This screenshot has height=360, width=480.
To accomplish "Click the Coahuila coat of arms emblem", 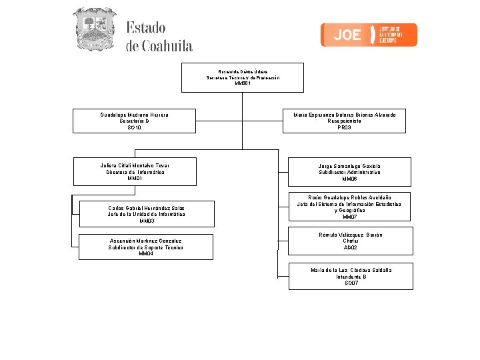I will click(94, 29).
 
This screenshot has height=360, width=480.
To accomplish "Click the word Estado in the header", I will click(145, 29).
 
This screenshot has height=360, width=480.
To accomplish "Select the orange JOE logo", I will click(369, 35).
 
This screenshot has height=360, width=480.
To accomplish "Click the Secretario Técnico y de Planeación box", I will click(243, 77).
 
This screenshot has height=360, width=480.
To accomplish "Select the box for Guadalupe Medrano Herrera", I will click(134, 121).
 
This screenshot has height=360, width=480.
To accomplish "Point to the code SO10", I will click(134, 127).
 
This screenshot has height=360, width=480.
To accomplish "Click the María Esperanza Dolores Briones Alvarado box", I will click(344, 121).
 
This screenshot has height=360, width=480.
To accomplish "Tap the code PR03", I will click(344, 127).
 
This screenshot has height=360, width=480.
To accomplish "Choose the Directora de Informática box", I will click(135, 171).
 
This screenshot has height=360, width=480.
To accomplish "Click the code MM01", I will click(135, 179).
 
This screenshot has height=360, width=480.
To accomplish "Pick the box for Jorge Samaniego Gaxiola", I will click(349, 171).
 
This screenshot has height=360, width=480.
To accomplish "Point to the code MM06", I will click(349, 179).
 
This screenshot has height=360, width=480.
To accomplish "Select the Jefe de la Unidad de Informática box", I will click(146, 214).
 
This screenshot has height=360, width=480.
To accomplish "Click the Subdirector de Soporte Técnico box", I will click(146, 247).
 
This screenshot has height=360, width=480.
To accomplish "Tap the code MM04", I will click(146, 254).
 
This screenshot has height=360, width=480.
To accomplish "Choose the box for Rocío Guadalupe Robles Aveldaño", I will click(349, 207).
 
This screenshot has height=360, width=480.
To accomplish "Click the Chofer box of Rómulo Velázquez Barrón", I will click(351, 241).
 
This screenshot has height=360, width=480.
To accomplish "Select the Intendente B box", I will click(351, 276).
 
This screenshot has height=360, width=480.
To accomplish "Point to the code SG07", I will click(351, 283).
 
